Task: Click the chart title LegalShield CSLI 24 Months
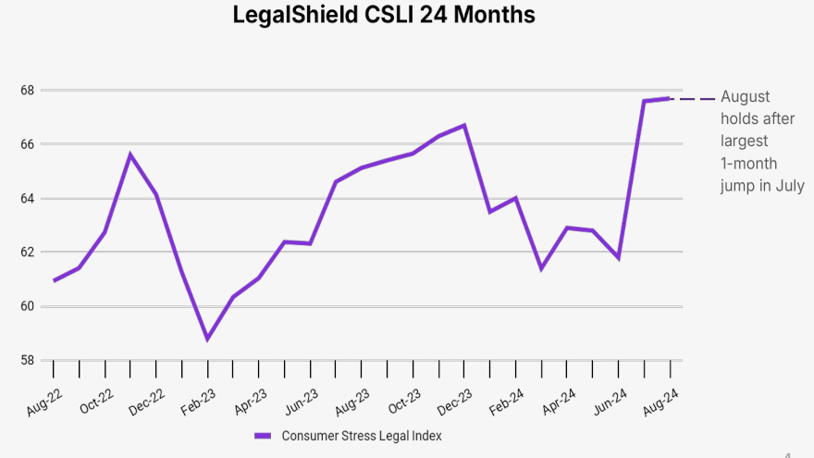(384, 16)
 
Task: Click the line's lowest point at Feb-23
(207, 339)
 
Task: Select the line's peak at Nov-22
(130, 155)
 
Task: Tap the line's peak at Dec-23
(464, 125)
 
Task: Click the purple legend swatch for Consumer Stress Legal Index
(263, 436)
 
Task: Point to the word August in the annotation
(746, 97)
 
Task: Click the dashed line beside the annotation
(694, 98)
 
